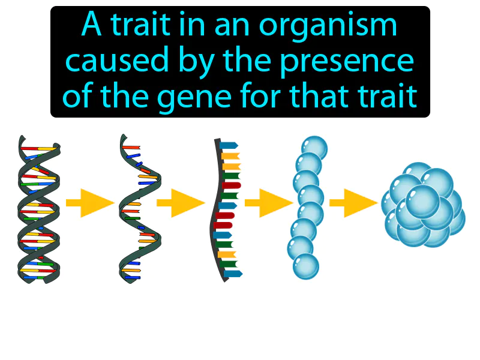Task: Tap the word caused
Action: click(117, 60)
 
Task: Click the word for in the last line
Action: click(262, 95)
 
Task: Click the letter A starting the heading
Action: click(92, 24)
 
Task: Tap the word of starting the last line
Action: click(79, 95)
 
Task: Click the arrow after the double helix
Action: click(90, 203)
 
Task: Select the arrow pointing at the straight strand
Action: click(181, 203)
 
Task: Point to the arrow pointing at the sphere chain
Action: click(269, 203)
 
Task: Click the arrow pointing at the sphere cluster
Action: click(353, 203)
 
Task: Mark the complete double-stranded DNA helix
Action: click(39, 209)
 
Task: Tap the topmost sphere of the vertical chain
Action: click(314, 148)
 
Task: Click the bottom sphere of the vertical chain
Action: click(306, 266)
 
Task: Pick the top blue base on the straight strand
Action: click(229, 145)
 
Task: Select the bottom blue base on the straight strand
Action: click(233, 274)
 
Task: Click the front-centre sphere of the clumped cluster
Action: click(422, 202)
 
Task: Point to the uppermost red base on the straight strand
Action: click(232, 185)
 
